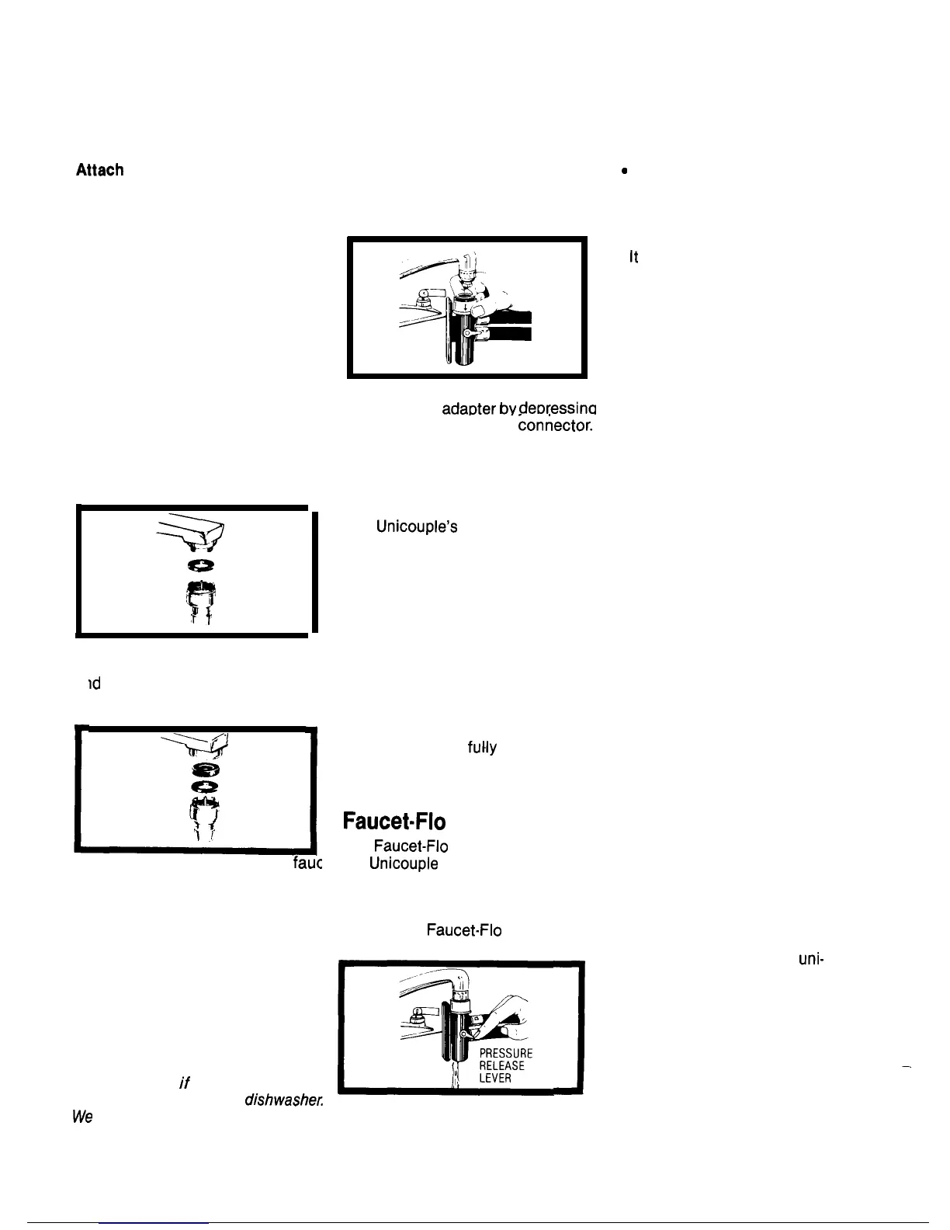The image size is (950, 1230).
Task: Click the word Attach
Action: click(99, 170)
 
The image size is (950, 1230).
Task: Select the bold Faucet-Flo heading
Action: click(395, 822)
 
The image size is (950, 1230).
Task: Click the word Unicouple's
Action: click(416, 527)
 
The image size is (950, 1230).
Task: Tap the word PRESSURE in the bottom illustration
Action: click(506, 1054)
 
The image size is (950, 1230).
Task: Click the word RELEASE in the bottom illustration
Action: click(502, 1066)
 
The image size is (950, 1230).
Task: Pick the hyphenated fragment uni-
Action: click(810, 959)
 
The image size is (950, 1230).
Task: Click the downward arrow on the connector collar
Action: click(465, 305)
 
